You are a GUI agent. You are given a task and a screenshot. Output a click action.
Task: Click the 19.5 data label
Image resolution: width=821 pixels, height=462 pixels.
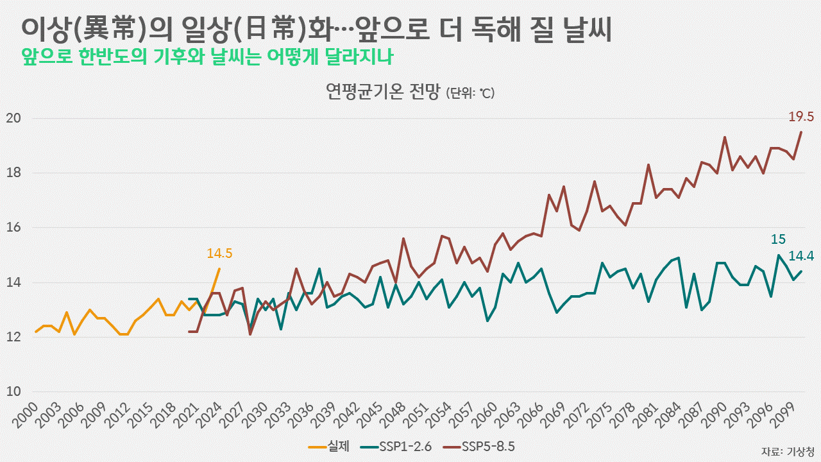(x=801, y=117)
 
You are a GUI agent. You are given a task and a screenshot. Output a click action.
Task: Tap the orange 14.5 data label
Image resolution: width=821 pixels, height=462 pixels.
(x=219, y=253)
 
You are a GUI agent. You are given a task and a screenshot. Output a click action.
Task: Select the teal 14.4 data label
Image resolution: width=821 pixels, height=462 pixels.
(x=801, y=256)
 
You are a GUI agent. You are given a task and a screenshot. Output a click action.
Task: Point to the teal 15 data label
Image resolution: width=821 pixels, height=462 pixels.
(x=778, y=239)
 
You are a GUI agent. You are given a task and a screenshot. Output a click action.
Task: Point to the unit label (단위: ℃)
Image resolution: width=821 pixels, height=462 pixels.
(x=471, y=94)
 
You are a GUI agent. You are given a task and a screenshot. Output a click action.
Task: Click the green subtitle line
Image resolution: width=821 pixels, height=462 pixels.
(x=207, y=56)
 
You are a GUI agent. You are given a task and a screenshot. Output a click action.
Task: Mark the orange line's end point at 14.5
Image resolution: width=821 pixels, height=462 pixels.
(x=219, y=269)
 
